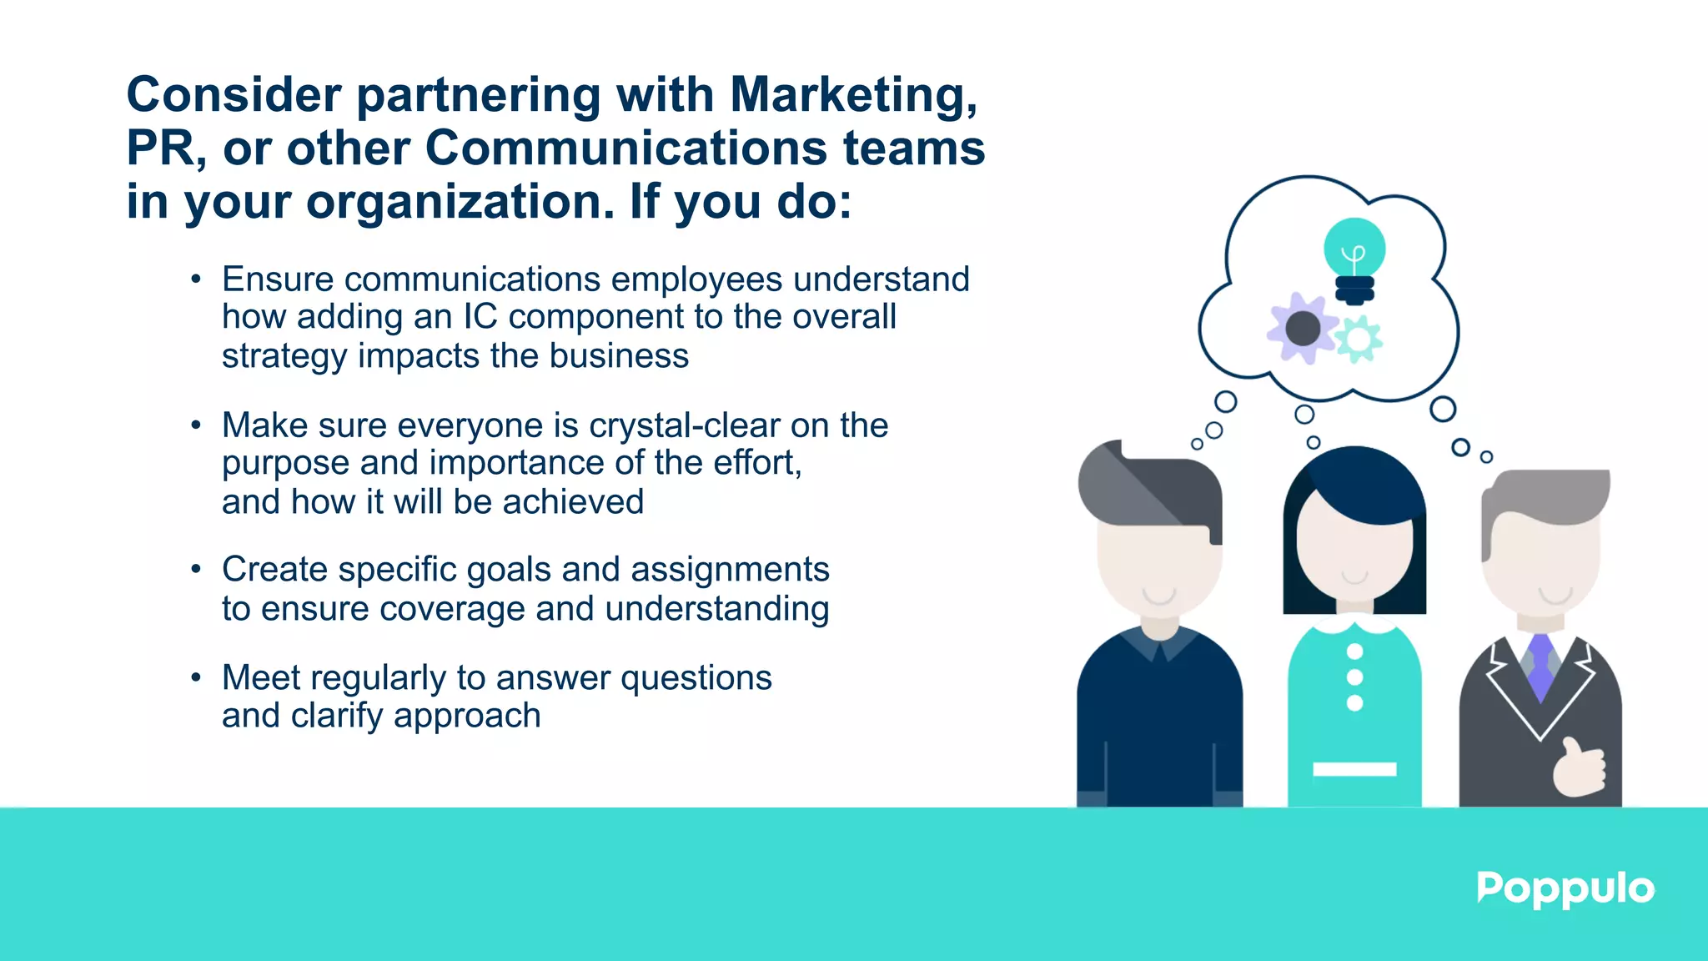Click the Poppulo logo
click(x=1565, y=889)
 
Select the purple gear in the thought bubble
click(x=1302, y=329)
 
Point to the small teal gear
click(x=1359, y=340)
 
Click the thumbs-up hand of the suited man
click(x=1579, y=768)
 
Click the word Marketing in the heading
click(x=852, y=94)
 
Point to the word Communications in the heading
click(x=625, y=148)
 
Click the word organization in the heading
click(x=460, y=202)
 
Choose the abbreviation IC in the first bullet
click(x=480, y=317)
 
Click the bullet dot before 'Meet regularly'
click(x=195, y=677)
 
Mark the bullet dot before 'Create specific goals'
click(x=195, y=570)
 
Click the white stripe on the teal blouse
click(x=1354, y=769)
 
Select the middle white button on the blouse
click(x=1355, y=677)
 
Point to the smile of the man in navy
click(x=1159, y=596)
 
